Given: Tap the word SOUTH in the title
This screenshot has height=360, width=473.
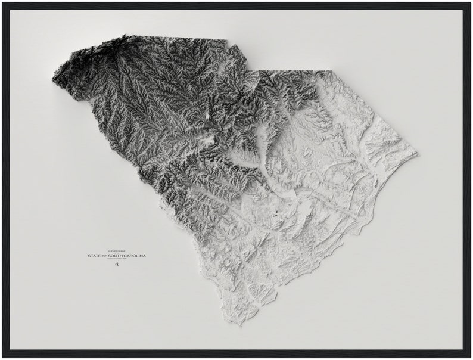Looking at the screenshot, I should (117, 256).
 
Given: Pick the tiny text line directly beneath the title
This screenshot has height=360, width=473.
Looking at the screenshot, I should (116, 260).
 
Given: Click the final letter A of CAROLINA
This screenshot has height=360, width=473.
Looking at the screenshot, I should (144, 256).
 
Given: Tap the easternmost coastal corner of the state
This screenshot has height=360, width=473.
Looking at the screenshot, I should (417, 154).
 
